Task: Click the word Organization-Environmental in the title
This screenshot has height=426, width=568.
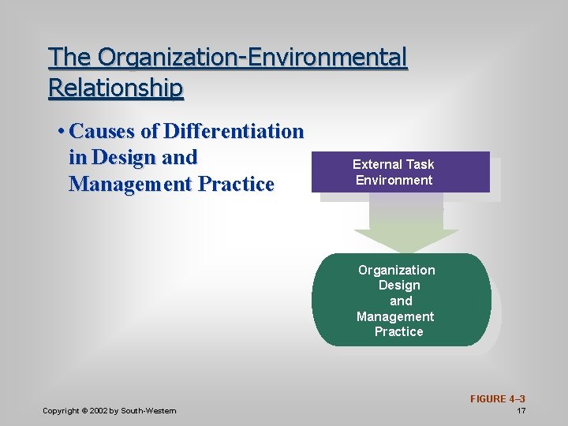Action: (x=252, y=58)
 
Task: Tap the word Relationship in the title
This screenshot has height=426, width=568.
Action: (x=116, y=87)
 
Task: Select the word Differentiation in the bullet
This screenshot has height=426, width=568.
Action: (x=233, y=131)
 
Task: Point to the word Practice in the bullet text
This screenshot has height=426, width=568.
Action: (x=236, y=185)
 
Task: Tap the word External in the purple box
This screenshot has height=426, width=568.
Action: (x=376, y=164)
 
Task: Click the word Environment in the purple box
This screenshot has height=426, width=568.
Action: (x=394, y=180)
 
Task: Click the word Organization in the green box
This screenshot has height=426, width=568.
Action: (x=396, y=270)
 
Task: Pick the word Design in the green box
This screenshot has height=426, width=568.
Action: (x=399, y=285)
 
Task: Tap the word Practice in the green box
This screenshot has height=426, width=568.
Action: (x=398, y=331)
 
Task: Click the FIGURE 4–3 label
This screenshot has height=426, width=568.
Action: (x=498, y=399)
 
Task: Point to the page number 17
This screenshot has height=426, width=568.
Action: (x=521, y=411)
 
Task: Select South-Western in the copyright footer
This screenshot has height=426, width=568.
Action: (x=149, y=411)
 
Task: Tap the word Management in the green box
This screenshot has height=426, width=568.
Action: (x=395, y=316)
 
